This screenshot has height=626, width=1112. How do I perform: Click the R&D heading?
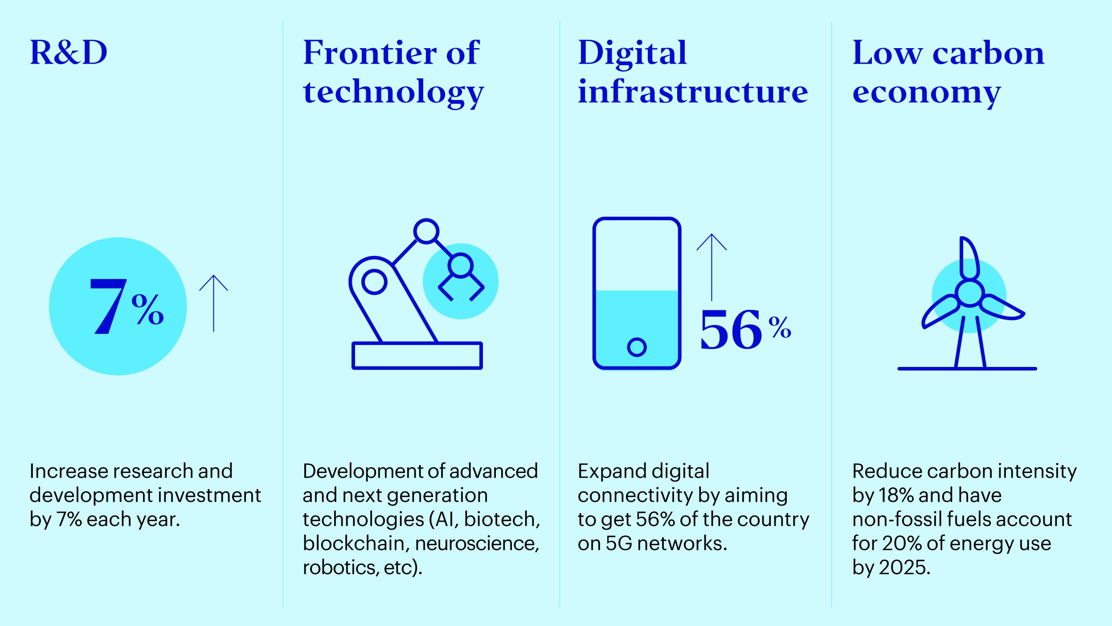pos(69,52)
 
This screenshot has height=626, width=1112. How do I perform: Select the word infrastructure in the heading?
pos(693,91)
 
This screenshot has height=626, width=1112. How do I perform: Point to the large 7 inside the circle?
pos(108,306)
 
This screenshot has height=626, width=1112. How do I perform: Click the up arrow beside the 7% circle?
pos(213,303)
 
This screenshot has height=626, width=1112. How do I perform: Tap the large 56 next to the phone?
pos(731,329)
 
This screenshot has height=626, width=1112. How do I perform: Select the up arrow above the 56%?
pos(711,267)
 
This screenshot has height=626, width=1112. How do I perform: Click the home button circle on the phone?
pos(637,347)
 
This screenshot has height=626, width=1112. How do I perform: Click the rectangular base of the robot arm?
pos(417,355)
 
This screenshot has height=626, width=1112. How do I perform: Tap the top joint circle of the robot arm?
pos(426,231)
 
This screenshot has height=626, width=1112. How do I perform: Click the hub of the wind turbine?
pos(969,293)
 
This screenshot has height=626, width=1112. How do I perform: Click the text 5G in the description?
pos(619,543)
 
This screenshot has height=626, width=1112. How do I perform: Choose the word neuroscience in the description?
pos(477,543)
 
